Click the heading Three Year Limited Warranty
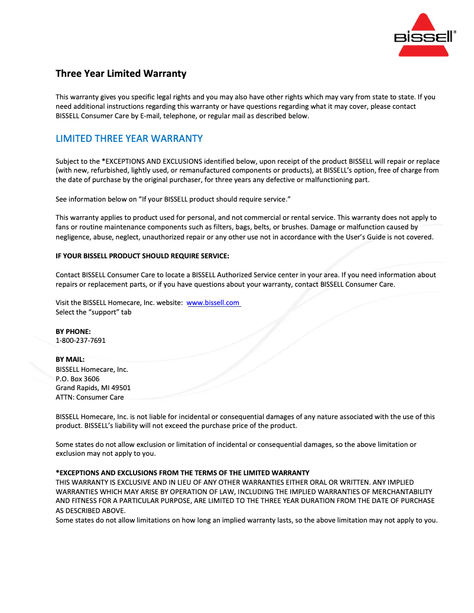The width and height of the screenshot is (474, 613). pyautogui.click(x=121, y=74)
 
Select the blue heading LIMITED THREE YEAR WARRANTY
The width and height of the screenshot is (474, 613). pyautogui.click(x=129, y=139)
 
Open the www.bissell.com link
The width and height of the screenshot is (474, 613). pyautogui.click(x=213, y=303)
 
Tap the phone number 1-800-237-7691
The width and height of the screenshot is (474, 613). pyautogui.click(x=80, y=340)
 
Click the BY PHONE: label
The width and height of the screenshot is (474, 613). pyautogui.click(x=73, y=332)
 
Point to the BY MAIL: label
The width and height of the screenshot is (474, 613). pyautogui.click(x=70, y=359)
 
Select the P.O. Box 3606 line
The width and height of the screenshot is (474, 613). pyautogui.click(x=77, y=378)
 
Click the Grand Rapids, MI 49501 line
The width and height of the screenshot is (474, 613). pyautogui.click(x=93, y=388)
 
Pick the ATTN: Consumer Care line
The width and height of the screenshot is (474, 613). pyautogui.click(x=89, y=397)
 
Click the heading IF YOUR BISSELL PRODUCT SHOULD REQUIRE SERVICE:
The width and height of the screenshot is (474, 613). pyautogui.click(x=142, y=255)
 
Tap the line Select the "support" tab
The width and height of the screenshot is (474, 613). pyautogui.click(x=93, y=312)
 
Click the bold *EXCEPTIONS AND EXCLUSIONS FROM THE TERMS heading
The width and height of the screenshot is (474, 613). pyautogui.click(x=182, y=473)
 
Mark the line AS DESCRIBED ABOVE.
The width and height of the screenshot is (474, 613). pyautogui.click(x=90, y=511)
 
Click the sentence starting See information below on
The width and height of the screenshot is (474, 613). pyautogui.click(x=173, y=199)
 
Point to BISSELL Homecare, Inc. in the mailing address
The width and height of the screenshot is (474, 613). pyautogui.click(x=92, y=369)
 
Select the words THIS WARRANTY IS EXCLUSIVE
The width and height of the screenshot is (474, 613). pyautogui.click(x=100, y=482)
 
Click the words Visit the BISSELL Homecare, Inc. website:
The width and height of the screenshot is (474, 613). pyautogui.click(x=119, y=303)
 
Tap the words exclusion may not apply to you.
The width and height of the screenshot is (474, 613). pyautogui.click(x=105, y=454)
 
